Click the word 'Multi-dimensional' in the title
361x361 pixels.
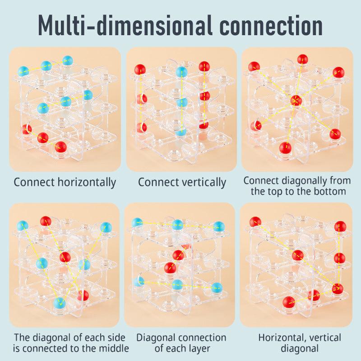tap(125, 25)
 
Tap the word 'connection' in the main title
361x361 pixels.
tap(271, 26)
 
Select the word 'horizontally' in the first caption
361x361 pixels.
tap(87, 183)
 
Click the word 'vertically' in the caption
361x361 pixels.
tap(201, 183)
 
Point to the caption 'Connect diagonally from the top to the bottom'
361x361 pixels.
tap(297, 186)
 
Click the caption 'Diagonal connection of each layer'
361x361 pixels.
tap(181, 343)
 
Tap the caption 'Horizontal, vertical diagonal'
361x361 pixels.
tap(300, 343)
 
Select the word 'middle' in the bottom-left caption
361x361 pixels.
tap(114, 348)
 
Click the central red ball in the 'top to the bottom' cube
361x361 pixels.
tap(296, 101)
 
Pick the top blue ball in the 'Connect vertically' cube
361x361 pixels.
tap(182, 72)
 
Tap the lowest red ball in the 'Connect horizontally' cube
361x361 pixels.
tap(60, 147)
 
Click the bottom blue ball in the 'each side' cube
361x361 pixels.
tap(60, 303)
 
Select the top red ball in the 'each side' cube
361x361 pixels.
tap(46, 221)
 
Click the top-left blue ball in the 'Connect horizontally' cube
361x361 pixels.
tap(23, 71)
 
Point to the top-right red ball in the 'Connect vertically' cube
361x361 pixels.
tap(204, 66)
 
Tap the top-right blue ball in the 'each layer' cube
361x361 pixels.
tap(219, 227)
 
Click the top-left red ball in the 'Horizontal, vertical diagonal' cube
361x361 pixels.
tap(255, 222)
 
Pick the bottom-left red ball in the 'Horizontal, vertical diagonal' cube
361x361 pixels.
tap(288, 302)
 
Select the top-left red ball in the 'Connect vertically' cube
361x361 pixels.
tap(140, 69)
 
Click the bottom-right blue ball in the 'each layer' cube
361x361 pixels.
tap(217, 288)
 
